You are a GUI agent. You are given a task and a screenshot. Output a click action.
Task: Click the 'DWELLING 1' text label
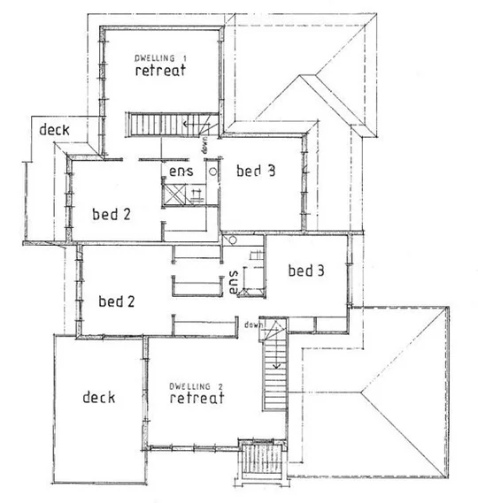(x=160, y=57)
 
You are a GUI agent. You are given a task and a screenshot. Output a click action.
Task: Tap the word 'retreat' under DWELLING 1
(x=160, y=71)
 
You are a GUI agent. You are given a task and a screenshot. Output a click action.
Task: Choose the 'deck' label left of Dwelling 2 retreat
(x=99, y=397)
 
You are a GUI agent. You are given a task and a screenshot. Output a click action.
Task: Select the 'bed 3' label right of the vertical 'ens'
(x=305, y=271)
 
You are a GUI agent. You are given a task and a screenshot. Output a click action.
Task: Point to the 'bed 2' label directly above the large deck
(x=117, y=301)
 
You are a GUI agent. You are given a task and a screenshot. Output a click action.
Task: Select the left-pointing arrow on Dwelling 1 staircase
(x=189, y=126)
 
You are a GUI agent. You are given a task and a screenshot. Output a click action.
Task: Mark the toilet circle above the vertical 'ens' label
(x=232, y=240)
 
